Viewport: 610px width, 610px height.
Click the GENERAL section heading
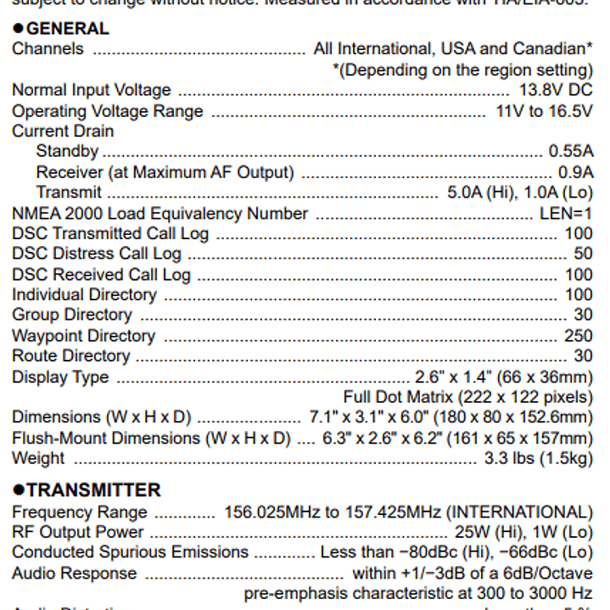(68, 28)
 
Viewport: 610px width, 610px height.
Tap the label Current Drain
(62, 132)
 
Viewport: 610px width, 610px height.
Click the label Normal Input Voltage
(91, 90)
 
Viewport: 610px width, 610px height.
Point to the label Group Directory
(71, 316)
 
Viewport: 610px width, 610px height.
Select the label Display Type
(60, 377)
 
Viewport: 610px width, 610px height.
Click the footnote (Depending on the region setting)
(462, 70)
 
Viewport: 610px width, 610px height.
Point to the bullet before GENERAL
(18, 29)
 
